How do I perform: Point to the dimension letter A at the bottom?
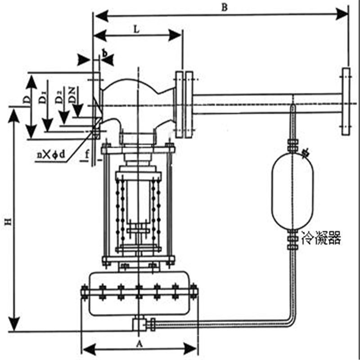click(x=139, y=343)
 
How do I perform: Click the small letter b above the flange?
click(x=105, y=53)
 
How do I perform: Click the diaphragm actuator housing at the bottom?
click(x=139, y=293)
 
